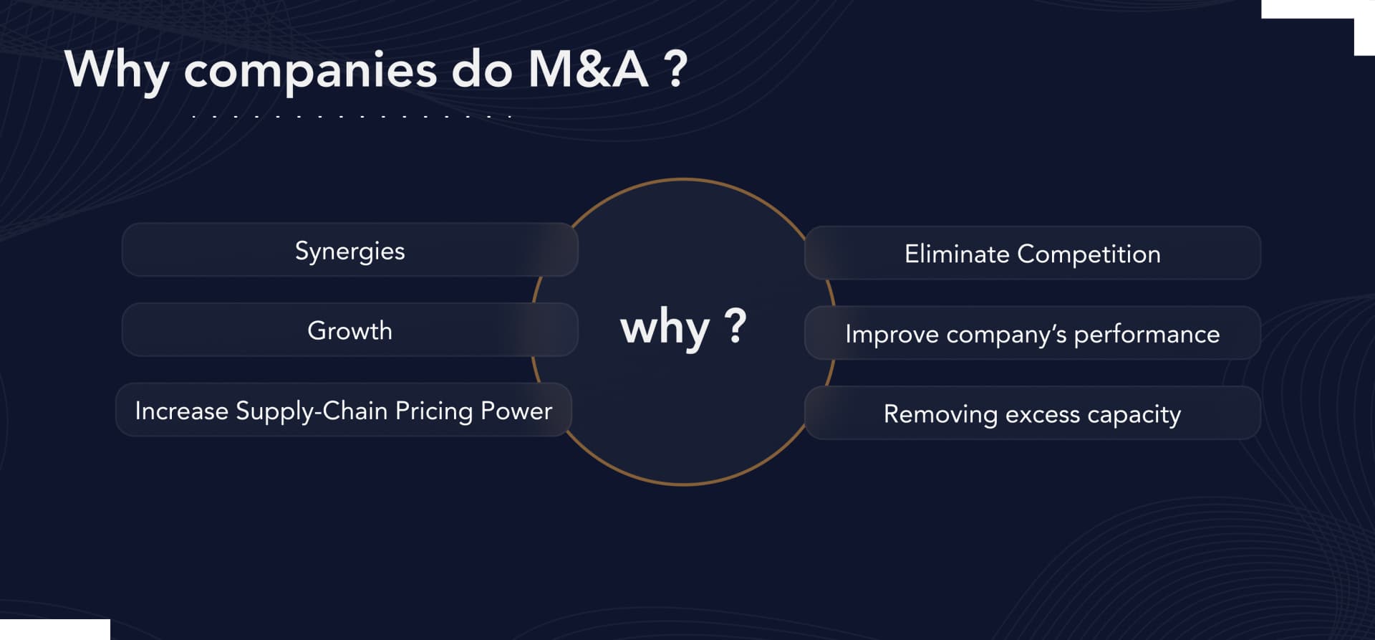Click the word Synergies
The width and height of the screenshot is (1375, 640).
tap(349, 251)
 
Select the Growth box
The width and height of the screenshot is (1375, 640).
tap(349, 330)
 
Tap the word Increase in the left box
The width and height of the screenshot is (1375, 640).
tap(181, 411)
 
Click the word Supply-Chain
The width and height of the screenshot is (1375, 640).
tap(312, 411)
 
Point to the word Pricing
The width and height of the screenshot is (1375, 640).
tap(434, 411)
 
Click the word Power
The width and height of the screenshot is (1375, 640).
tap(516, 411)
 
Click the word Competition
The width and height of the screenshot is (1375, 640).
tap(1089, 254)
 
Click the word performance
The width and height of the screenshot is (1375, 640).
tap(1147, 335)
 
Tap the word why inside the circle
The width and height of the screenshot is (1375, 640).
tap(665, 328)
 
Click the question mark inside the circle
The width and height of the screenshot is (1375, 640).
tap(735, 325)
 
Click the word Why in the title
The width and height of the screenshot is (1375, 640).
tap(117, 70)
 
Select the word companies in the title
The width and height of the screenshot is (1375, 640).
tap(310, 71)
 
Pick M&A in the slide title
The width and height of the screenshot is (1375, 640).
tap(588, 70)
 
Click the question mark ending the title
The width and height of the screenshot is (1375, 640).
tap(675, 70)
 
